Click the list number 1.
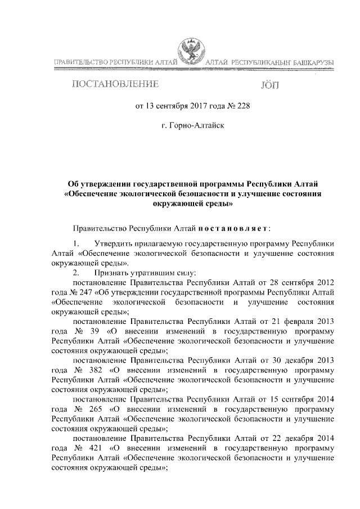click(76, 244)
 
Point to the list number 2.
click(76, 272)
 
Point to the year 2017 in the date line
click(191, 105)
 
